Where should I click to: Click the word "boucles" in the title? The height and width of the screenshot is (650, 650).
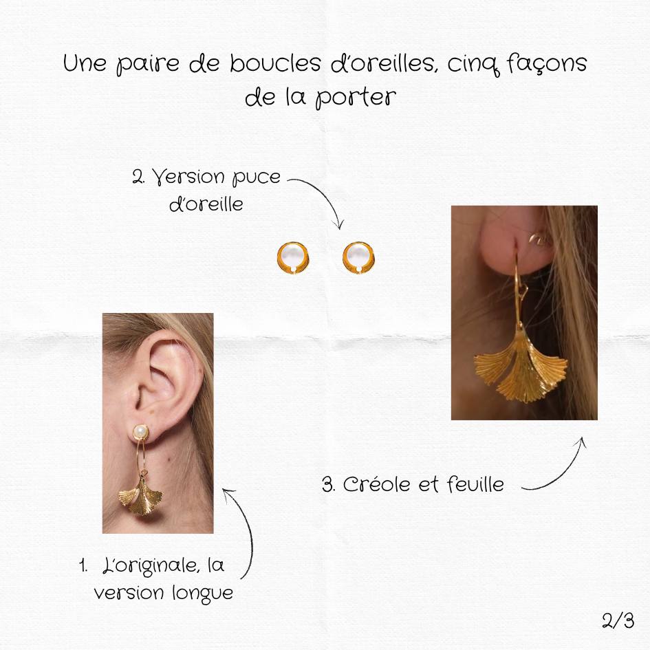pyautogui.click(x=270, y=64)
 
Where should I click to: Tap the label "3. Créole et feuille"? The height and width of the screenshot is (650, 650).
pyautogui.click(x=413, y=484)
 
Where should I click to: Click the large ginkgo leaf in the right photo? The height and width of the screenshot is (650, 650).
pyautogui.click(x=521, y=368)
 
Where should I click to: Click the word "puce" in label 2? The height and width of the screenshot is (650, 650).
pyautogui.click(x=256, y=177)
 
